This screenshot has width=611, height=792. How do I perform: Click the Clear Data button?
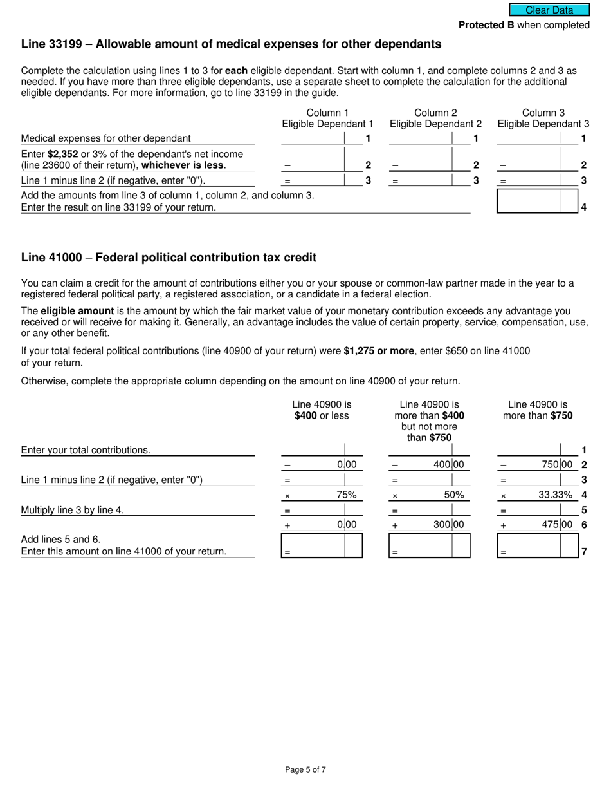(x=549, y=10)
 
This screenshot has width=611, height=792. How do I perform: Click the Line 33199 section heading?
(x=231, y=44)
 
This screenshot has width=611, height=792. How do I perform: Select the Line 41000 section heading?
(x=169, y=258)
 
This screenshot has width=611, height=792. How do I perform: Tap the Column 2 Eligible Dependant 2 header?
(x=435, y=118)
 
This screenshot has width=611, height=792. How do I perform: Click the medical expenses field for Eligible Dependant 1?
(x=313, y=138)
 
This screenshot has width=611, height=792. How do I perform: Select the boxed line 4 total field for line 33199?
(x=528, y=202)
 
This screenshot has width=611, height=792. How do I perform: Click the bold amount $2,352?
(x=62, y=154)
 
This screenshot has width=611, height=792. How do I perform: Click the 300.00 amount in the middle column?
(x=448, y=525)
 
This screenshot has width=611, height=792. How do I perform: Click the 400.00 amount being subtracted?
(x=448, y=464)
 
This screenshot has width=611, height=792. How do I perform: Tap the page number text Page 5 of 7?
(x=305, y=769)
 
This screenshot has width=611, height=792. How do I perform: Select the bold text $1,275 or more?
(x=379, y=351)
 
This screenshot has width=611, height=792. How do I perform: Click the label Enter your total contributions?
(x=86, y=450)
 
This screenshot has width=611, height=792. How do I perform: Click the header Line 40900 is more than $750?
(x=538, y=410)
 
